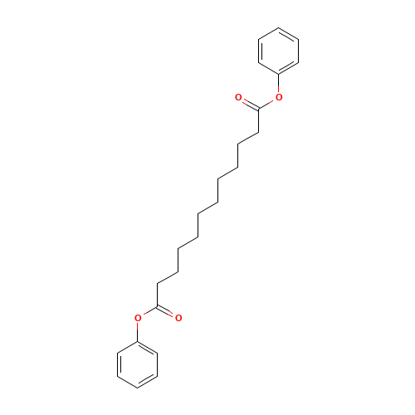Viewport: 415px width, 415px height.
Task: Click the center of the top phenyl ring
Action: click(279, 51)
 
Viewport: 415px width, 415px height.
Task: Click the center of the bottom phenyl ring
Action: click(138, 364)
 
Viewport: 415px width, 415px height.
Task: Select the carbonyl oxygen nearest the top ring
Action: click(238, 97)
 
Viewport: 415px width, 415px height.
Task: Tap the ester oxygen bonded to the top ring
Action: click(279, 97)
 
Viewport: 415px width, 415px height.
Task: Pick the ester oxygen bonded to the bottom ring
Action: click(138, 318)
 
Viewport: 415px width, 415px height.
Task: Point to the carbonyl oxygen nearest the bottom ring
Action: click(178, 318)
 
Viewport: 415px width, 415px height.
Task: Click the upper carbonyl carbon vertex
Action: click(259, 109)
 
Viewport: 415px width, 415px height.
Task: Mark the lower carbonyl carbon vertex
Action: click(158, 306)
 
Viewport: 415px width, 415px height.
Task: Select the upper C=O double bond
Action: click(250, 104)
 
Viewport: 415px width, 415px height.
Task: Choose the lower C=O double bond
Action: click(165, 311)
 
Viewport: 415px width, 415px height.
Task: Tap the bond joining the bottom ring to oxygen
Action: click(138, 332)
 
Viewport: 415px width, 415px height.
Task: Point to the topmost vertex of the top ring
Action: click(279, 27)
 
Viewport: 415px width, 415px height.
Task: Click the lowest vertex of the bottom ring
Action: click(138, 388)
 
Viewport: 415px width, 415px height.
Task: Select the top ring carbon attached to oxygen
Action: click(279, 74)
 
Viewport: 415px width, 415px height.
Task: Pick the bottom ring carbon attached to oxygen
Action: click(138, 341)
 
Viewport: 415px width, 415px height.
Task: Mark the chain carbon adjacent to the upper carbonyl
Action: click(259, 132)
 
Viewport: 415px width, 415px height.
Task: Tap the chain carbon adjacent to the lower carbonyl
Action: click(158, 283)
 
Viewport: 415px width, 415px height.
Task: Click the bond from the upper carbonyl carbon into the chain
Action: click(259, 120)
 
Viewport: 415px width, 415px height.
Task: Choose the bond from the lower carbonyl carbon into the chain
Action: click(158, 295)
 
